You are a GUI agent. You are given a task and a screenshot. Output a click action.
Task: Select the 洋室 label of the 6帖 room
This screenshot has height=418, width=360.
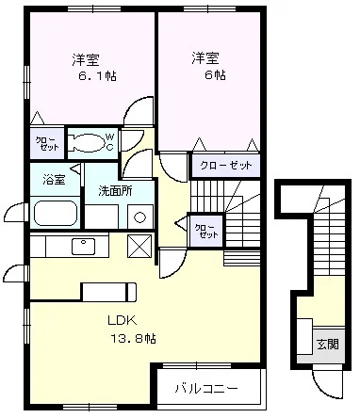(x=206, y=58)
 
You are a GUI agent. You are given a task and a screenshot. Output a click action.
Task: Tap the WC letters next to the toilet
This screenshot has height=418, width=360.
(x=108, y=143)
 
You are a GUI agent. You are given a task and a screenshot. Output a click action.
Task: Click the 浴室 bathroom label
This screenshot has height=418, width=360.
(x=54, y=179)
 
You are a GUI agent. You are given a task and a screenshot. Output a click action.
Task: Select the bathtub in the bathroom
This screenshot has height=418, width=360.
(x=55, y=211)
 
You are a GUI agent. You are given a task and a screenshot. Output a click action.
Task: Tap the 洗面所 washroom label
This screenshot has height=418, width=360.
(x=115, y=191)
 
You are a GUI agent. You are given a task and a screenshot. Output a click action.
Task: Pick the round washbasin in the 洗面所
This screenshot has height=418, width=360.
(x=139, y=217)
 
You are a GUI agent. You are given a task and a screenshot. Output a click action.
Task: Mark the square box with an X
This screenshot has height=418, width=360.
(x=139, y=246)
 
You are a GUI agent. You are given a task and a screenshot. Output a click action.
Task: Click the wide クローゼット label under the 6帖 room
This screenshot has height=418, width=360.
(x=225, y=166)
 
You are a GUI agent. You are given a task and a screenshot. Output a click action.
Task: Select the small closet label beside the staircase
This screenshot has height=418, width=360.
(x=205, y=230)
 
